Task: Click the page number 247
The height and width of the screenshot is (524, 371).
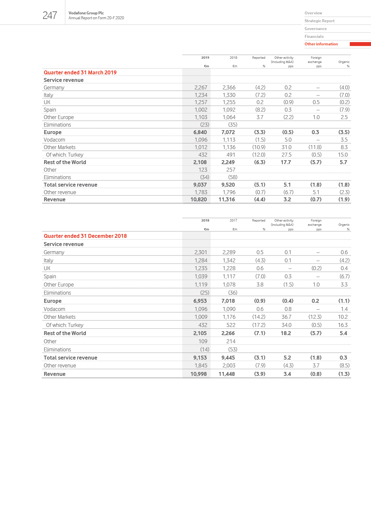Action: [x=50, y=15]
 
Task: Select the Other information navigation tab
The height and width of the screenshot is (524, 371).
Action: [x=321, y=44]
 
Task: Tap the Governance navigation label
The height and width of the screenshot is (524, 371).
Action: [x=315, y=29]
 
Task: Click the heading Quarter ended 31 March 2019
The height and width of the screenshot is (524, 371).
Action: [x=80, y=72]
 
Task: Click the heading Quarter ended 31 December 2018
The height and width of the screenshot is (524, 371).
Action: [x=85, y=236]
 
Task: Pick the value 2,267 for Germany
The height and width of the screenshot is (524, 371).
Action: [x=201, y=87]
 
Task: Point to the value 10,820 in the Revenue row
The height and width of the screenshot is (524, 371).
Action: [x=199, y=199]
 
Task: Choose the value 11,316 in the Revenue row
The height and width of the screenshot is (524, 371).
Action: [x=227, y=199]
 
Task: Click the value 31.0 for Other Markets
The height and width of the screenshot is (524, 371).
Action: [x=286, y=147]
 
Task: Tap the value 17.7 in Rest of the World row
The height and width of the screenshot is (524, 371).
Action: [x=286, y=162]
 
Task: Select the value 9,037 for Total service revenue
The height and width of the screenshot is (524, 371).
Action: [x=200, y=185]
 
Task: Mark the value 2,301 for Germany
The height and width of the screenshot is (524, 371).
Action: [x=201, y=252]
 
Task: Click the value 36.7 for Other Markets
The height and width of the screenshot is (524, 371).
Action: [x=286, y=317]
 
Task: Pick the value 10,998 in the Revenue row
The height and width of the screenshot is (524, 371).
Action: [x=199, y=374]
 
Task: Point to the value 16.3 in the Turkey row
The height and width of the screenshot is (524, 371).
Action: [x=343, y=325]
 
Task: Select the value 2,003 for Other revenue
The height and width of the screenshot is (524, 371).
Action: [x=229, y=365]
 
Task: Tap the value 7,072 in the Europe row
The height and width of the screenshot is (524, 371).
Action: [x=228, y=132]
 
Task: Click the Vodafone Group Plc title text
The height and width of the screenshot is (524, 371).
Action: [x=86, y=13]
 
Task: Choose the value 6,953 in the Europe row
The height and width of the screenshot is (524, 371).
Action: [x=200, y=301]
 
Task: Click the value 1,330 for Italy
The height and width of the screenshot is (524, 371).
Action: [x=229, y=95]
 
